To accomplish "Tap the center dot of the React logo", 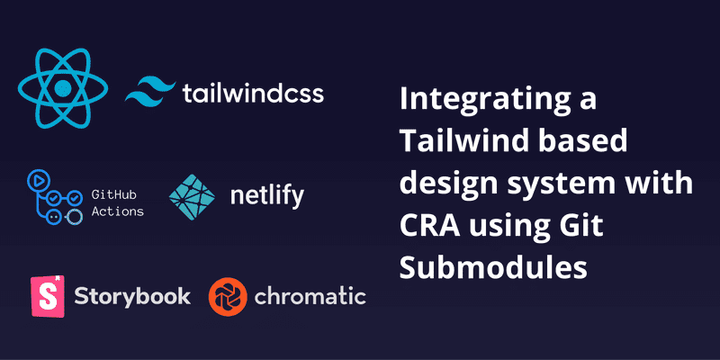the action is tap(63, 87).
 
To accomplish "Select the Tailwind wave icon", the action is tap(150, 92).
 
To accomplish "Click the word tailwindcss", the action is tap(253, 94).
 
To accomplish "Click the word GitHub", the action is tap(114, 195).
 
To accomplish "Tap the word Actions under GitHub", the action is tap(118, 211).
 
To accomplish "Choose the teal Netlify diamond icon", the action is tap(192, 197).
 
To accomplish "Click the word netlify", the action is tap(266, 197).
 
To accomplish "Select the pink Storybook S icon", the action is tap(48, 296).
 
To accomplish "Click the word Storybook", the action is tap(132, 297).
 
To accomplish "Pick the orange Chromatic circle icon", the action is tap(228, 297).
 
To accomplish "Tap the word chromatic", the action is tap(310, 297).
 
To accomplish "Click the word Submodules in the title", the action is tap(493, 268).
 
